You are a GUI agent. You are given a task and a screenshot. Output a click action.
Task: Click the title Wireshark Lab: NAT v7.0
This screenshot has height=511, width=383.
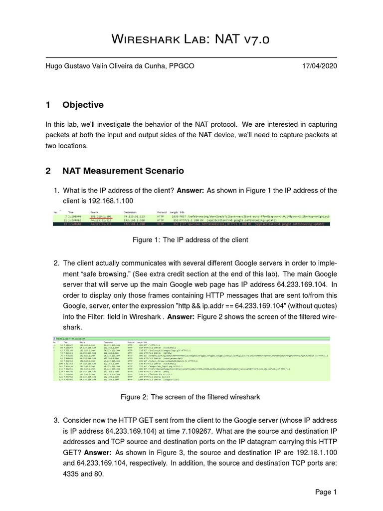191,39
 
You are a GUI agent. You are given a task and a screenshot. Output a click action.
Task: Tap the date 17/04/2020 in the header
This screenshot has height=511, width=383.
319,66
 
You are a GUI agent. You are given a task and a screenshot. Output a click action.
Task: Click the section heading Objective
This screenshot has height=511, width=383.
83,105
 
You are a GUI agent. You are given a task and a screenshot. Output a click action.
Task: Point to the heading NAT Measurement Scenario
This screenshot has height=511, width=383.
123,171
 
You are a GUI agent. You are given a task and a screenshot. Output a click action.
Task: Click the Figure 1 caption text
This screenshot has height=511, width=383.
191,240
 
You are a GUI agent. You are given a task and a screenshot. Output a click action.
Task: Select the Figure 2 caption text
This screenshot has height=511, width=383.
191,397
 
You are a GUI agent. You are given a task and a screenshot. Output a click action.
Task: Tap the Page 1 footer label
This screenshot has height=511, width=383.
326,492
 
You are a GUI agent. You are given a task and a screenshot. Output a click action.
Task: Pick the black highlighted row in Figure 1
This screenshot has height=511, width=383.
191,225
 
